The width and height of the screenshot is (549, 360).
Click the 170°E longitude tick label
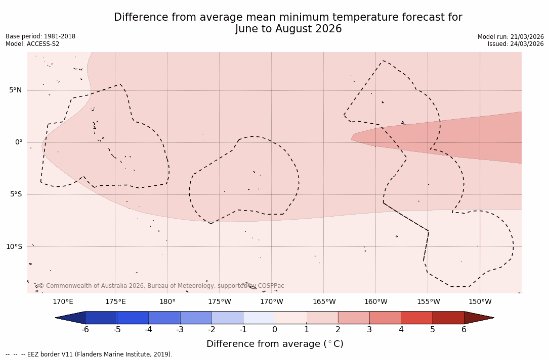point(63,302)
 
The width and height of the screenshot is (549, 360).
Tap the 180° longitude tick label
point(167,302)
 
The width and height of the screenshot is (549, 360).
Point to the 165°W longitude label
point(324,302)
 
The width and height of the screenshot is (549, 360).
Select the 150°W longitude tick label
point(480,302)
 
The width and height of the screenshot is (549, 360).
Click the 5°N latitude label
point(15,90)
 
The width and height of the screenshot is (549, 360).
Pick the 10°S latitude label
point(14,247)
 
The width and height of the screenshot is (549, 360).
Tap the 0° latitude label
point(18,142)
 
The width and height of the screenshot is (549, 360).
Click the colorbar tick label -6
point(85,330)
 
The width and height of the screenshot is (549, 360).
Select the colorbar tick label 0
point(275,330)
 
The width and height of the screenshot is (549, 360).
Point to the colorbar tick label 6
point(464,330)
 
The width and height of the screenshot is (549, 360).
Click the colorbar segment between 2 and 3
point(354,318)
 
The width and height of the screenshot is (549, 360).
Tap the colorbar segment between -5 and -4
point(133,318)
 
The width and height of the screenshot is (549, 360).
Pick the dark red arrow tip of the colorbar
point(478,318)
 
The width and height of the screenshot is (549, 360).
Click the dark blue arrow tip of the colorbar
point(71,318)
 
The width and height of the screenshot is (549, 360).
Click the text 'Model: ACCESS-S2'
point(32,44)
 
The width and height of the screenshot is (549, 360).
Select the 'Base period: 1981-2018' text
point(40,36)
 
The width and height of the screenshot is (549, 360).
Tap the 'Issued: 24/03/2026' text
point(516,44)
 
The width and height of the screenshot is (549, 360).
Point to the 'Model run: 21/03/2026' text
point(511,37)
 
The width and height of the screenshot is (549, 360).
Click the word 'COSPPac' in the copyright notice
point(271,286)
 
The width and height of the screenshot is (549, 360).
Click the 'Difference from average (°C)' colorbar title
point(275,344)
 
